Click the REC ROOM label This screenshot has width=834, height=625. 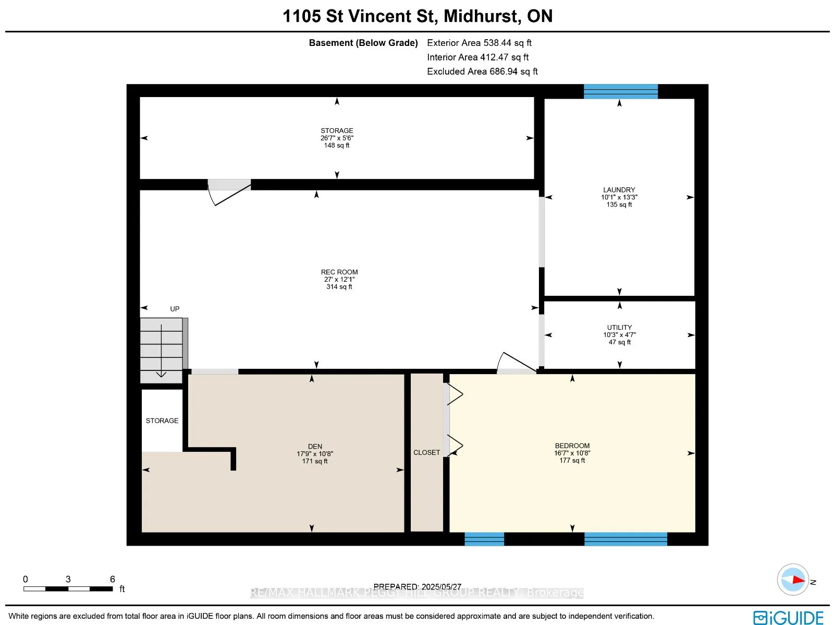click(x=339, y=272)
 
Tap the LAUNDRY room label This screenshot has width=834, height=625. click(x=619, y=190)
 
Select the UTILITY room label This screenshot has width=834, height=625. click(x=619, y=327)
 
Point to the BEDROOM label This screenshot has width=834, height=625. click(x=572, y=446)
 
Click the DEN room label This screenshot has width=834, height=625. click(x=315, y=447)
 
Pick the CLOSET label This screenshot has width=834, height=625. click(x=427, y=452)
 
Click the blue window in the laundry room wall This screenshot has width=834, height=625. click(x=620, y=92)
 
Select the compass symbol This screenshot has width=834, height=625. click(x=793, y=580)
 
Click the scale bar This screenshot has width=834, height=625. click(x=68, y=588)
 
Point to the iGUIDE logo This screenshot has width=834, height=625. click(x=789, y=617)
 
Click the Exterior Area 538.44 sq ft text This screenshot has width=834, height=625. click(x=479, y=43)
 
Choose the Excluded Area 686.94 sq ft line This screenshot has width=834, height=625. click(x=482, y=71)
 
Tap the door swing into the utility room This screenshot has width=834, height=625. click(x=517, y=363)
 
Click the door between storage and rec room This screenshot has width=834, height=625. click(x=229, y=193)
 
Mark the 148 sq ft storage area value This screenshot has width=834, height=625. click(x=337, y=145)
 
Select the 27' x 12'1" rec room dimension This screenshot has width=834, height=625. click(x=339, y=280)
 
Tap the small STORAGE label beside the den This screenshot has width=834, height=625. click(x=162, y=420)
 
